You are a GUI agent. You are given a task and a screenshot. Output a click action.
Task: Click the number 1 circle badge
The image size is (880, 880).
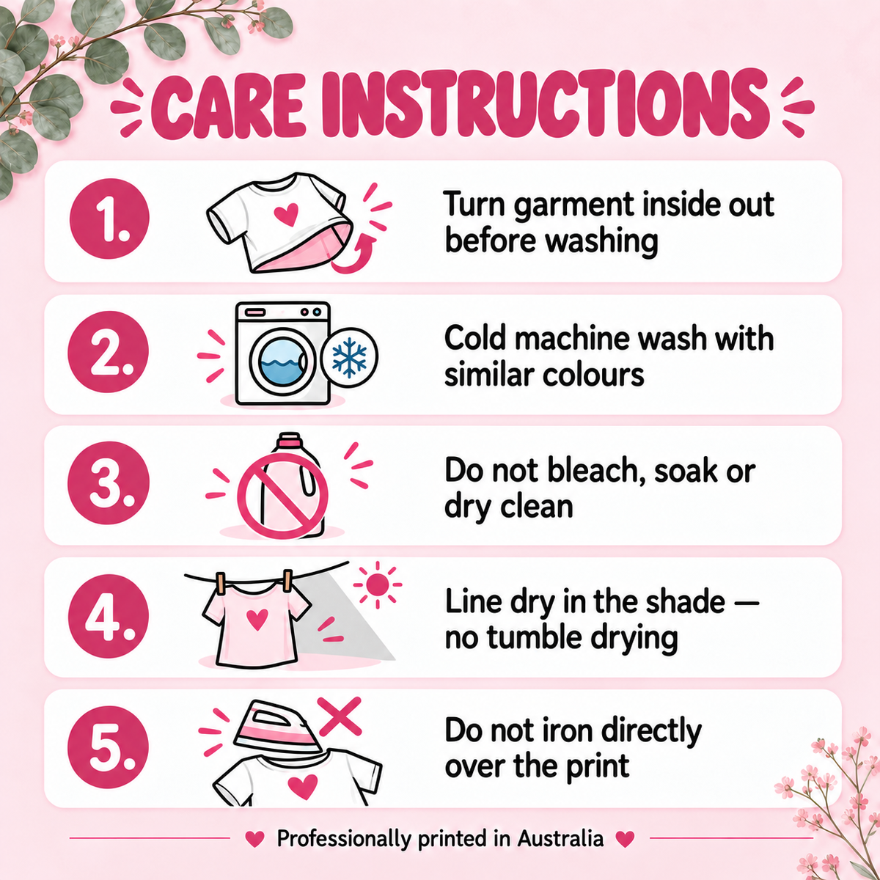[x=109, y=219]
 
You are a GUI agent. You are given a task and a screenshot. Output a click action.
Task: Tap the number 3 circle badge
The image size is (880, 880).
[x=109, y=483]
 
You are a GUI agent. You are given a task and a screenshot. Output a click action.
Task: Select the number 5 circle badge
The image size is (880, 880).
[x=109, y=747]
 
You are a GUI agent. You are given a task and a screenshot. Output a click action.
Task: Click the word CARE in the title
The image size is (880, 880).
[x=228, y=106]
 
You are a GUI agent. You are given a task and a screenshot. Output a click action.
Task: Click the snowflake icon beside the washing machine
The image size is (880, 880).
[x=349, y=358]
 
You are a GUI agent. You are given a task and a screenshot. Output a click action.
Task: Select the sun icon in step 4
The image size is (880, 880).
[x=377, y=585]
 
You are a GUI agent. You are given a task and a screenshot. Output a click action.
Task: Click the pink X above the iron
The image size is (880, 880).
[x=340, y=716]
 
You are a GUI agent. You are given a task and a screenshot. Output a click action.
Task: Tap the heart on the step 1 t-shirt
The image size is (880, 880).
[x=286, y=214]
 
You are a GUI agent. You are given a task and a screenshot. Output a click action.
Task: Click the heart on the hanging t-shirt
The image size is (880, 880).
[x=257, y=620]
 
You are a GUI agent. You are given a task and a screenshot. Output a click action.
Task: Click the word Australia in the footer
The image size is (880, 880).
[x=560, y=839]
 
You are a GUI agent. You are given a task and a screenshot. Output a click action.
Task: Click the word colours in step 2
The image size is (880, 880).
[x=593, y=376]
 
